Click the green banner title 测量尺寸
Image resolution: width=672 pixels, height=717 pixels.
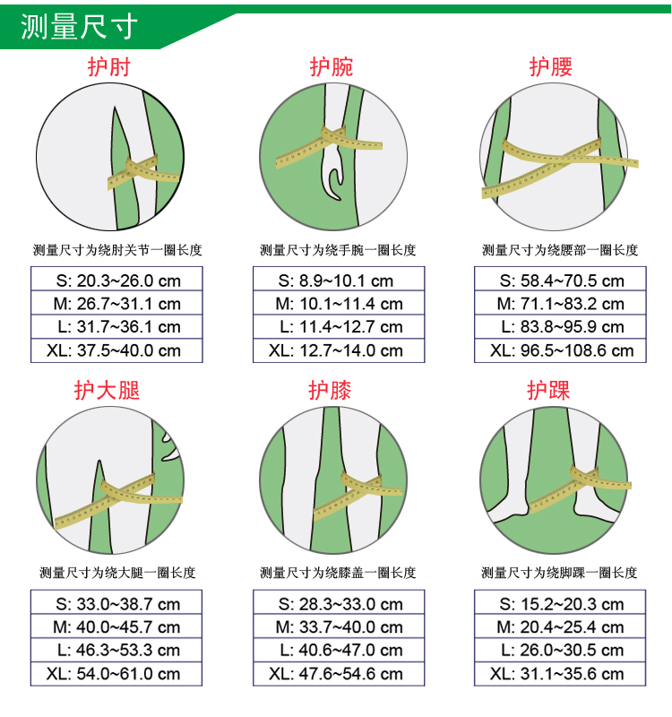pyautogui.click(x=79, y=27)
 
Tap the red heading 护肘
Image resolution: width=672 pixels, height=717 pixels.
pyautogui.click(x=108, y=66)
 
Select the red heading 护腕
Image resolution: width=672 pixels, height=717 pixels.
pyautogui.click(x=331, y=66)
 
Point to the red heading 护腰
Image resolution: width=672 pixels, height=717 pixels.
pyautogui.click(x=550, y=66)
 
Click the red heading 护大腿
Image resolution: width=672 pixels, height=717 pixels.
pyautogui.click(x=107, y=391)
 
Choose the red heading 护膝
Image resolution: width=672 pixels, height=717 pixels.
pyautogui.click(x=330, y=391)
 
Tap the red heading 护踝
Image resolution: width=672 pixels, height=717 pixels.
pyautogui.click(x=548, y=391)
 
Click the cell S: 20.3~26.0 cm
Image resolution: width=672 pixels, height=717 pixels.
pyautogui.click(x=116, y=279)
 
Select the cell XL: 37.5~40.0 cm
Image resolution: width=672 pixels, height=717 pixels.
pyautogui.click(x=116, y=350)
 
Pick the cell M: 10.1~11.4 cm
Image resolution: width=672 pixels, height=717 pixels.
pyautogui.click(x=339, y=303)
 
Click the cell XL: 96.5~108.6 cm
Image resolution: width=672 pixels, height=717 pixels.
pyautogui.click(x=560, y=350)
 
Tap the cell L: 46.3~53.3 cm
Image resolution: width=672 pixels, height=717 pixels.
pyautogui.click(x=116, y=650)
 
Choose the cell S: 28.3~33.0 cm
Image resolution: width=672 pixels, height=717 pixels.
pyautogui.click(x=339, y=602)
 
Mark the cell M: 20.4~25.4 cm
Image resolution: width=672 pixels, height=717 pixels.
pyautogui.click(x=560, y=626)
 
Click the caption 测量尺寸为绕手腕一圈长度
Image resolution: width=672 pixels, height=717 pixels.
pyautogui.click(x=338, y=250)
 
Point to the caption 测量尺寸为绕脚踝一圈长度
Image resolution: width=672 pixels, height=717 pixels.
pyautogui.click(x=559, y=573)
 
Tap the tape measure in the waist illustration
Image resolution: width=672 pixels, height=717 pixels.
pyautogui.click(x=559, y=166)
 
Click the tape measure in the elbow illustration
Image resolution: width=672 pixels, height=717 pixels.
pyautogui.click(x=142, y=172)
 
